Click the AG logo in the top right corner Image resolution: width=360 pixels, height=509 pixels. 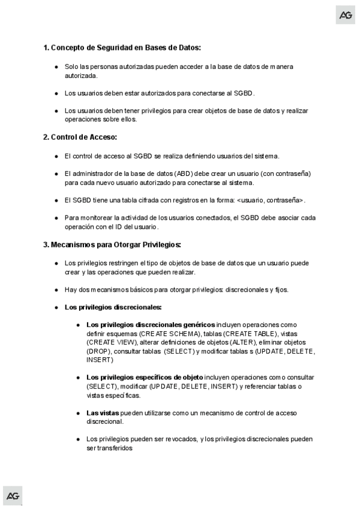(x=346, y=15)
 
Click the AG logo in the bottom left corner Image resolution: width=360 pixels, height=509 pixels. (x=13, y=495)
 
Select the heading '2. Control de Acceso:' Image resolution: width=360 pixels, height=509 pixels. (x=80, y=137)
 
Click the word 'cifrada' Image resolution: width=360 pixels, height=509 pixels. (x=143, y=200)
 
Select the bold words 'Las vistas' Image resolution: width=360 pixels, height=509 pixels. (x=103, y=413)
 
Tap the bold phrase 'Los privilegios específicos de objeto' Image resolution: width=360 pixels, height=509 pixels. (x=144, y=377)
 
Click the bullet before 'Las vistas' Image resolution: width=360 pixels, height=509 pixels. (x=79, y=413)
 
